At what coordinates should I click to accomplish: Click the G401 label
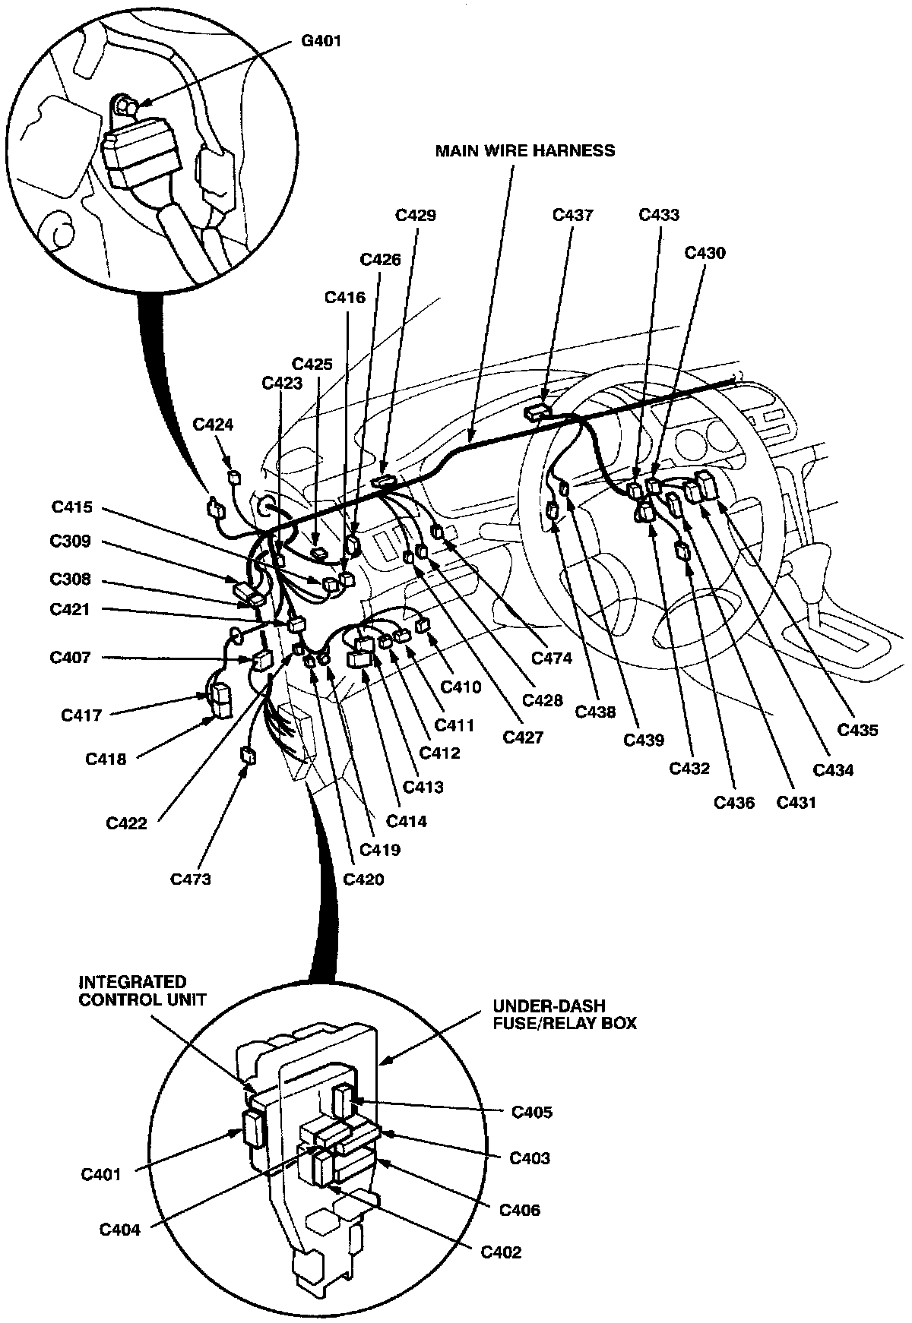pos(321,41)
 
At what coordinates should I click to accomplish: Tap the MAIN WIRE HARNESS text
pos(524,150)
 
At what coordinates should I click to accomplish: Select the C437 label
pos(572,215)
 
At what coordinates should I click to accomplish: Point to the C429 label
pos(416,215)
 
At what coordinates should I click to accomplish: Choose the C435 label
pos(857,730)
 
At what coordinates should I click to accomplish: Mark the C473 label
pos(190,879)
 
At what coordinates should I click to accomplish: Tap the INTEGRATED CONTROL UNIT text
pos(142,990)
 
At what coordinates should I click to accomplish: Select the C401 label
pos(101,1175)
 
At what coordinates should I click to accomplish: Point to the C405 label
pos(532,1112)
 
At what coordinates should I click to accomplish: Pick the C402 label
pos(501,1252)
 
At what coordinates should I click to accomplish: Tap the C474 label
pos(552,658)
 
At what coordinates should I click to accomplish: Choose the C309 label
pos(71,541)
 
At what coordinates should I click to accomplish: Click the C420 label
pos(363,879)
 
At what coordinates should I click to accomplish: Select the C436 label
pos(734,801)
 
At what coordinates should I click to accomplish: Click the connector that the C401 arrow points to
pos(252,1129)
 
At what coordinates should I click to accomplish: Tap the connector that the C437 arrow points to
pos(537,413)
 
